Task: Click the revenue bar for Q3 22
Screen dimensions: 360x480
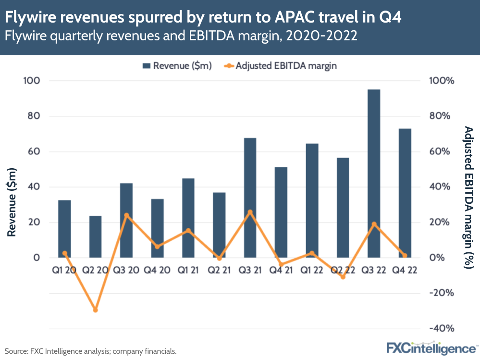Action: click(373, 173)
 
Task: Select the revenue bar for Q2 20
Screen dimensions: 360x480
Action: click(95, 236)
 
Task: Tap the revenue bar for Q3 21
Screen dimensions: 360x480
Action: click(250, 198)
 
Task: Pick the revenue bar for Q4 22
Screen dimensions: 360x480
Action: click(405, 193)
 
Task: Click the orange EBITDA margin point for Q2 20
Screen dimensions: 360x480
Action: click(95, 310)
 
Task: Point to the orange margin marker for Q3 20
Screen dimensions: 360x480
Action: click(126, 215)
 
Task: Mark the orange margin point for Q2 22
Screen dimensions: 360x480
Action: click(343, 277)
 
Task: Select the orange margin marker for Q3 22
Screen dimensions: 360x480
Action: click(373, 224)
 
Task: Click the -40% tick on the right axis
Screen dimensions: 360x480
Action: click(441, 329)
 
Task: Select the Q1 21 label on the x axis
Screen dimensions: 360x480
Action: click(188, 270)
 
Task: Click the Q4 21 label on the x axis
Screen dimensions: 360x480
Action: click(281, 270)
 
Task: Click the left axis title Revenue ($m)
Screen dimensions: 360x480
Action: click(12, 201)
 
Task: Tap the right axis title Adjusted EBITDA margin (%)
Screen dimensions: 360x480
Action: click(468, 197)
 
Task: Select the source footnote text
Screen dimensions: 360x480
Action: click(90, 351)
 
